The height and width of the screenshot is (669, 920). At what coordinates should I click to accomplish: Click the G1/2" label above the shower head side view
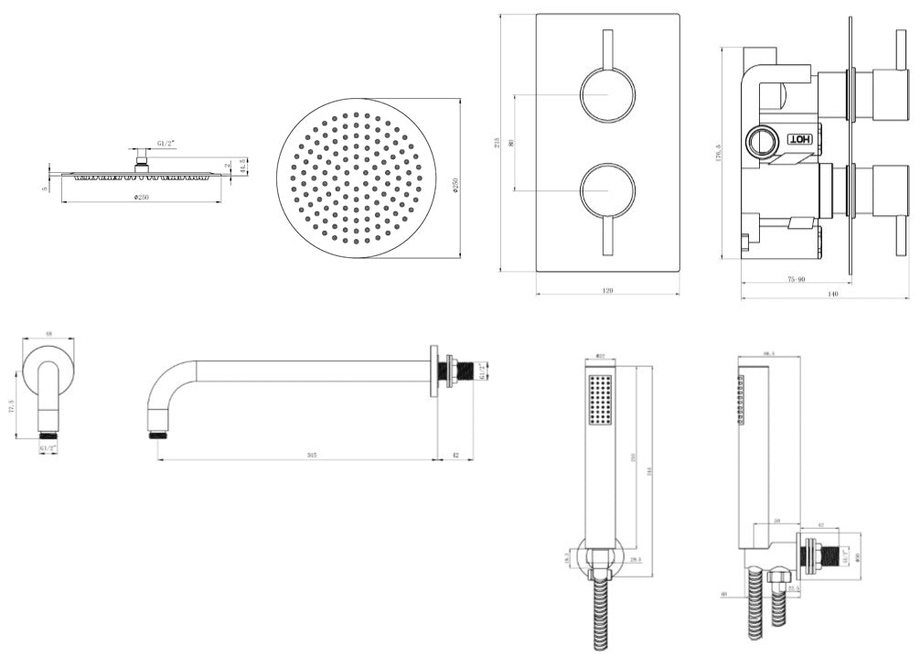166,143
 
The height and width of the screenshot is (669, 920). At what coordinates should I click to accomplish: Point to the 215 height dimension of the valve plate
497,143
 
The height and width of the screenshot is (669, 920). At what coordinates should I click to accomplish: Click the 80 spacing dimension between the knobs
511,143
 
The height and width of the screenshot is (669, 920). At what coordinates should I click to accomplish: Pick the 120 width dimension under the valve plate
607,290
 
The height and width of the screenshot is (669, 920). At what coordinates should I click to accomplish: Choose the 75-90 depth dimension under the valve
794,279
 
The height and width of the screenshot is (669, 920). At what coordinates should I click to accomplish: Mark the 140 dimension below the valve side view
832,294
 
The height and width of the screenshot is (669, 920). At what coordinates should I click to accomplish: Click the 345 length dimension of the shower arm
312,455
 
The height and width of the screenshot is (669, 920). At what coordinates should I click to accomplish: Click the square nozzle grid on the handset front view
601,399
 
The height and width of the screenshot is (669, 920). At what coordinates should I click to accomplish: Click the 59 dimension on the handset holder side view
777,521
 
